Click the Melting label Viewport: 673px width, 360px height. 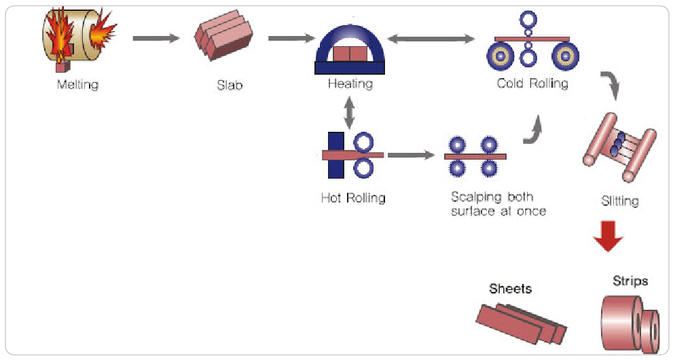pyautogui.click(x=78, y=85)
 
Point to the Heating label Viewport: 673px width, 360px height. pyautogui.click(x=350, y=84)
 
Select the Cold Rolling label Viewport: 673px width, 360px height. pyautogui.click(x=532, y=84)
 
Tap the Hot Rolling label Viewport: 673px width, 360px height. pyautogui.click(x=353, y=198)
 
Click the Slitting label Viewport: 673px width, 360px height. pyautogui.click(x=619, y=201)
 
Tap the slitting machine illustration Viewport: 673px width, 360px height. pyautogui.click(x=619, y=153)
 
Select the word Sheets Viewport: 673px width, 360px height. pyautogui.click(x=510, y=289)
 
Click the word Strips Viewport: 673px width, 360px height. pyautogui.click(x=630, y=281)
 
